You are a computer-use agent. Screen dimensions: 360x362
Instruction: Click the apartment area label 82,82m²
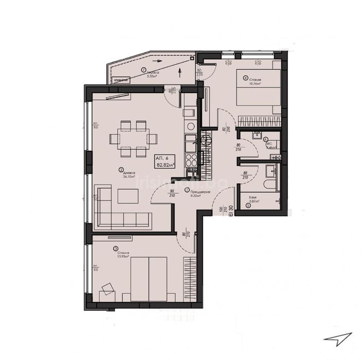point(165,165)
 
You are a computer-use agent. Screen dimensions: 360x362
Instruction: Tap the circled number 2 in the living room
point(120,170)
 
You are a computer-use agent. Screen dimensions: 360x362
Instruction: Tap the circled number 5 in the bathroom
point(248,206)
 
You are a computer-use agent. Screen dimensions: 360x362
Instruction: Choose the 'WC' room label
point(267,141)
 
